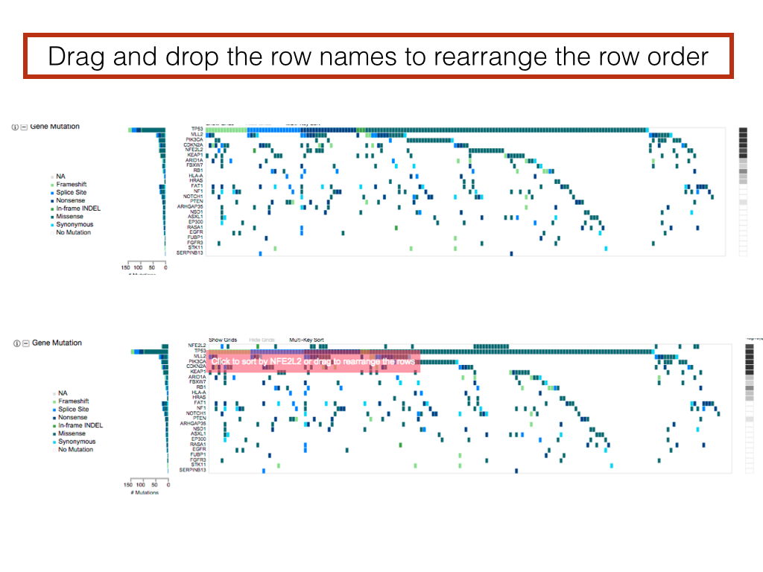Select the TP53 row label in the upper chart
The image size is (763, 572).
(197, 129)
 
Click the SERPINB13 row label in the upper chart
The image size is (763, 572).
(189, 252)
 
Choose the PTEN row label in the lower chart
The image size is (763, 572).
(198, 418)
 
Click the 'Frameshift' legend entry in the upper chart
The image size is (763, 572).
(72, 185)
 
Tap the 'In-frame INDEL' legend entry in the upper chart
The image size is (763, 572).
(79, 209)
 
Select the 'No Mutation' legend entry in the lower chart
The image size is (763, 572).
(75, 450)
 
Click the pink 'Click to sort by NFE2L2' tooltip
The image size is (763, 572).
(313, 361)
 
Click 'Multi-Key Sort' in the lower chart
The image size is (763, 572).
(306, 340)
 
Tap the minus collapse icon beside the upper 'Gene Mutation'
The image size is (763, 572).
(24, 127)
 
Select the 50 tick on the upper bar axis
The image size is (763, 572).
(152, 266)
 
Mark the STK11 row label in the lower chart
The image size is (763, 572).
(197, 465)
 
